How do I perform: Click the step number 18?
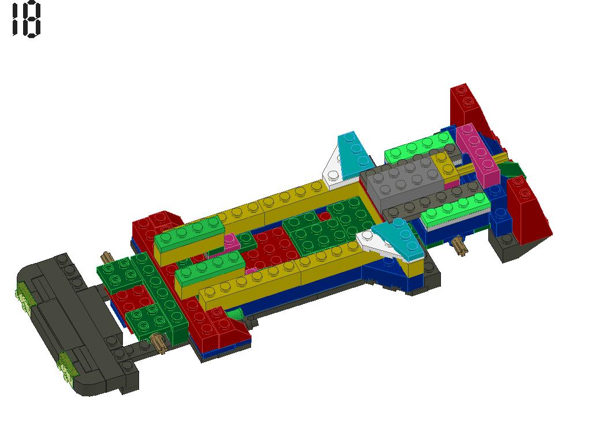click(25, 20)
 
